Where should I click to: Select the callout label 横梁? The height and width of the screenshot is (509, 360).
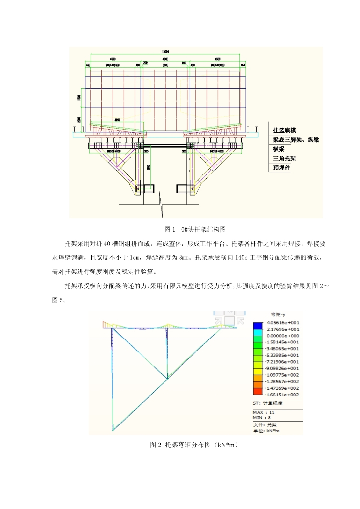(278, 149)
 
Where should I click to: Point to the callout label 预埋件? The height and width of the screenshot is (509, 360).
(280, 168)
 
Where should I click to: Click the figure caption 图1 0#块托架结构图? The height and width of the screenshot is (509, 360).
(195, 229)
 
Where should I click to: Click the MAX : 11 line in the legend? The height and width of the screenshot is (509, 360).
(264, 412)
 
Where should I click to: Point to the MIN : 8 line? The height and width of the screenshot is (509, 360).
(262, 417)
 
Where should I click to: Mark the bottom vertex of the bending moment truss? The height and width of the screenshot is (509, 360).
(114, 430)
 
